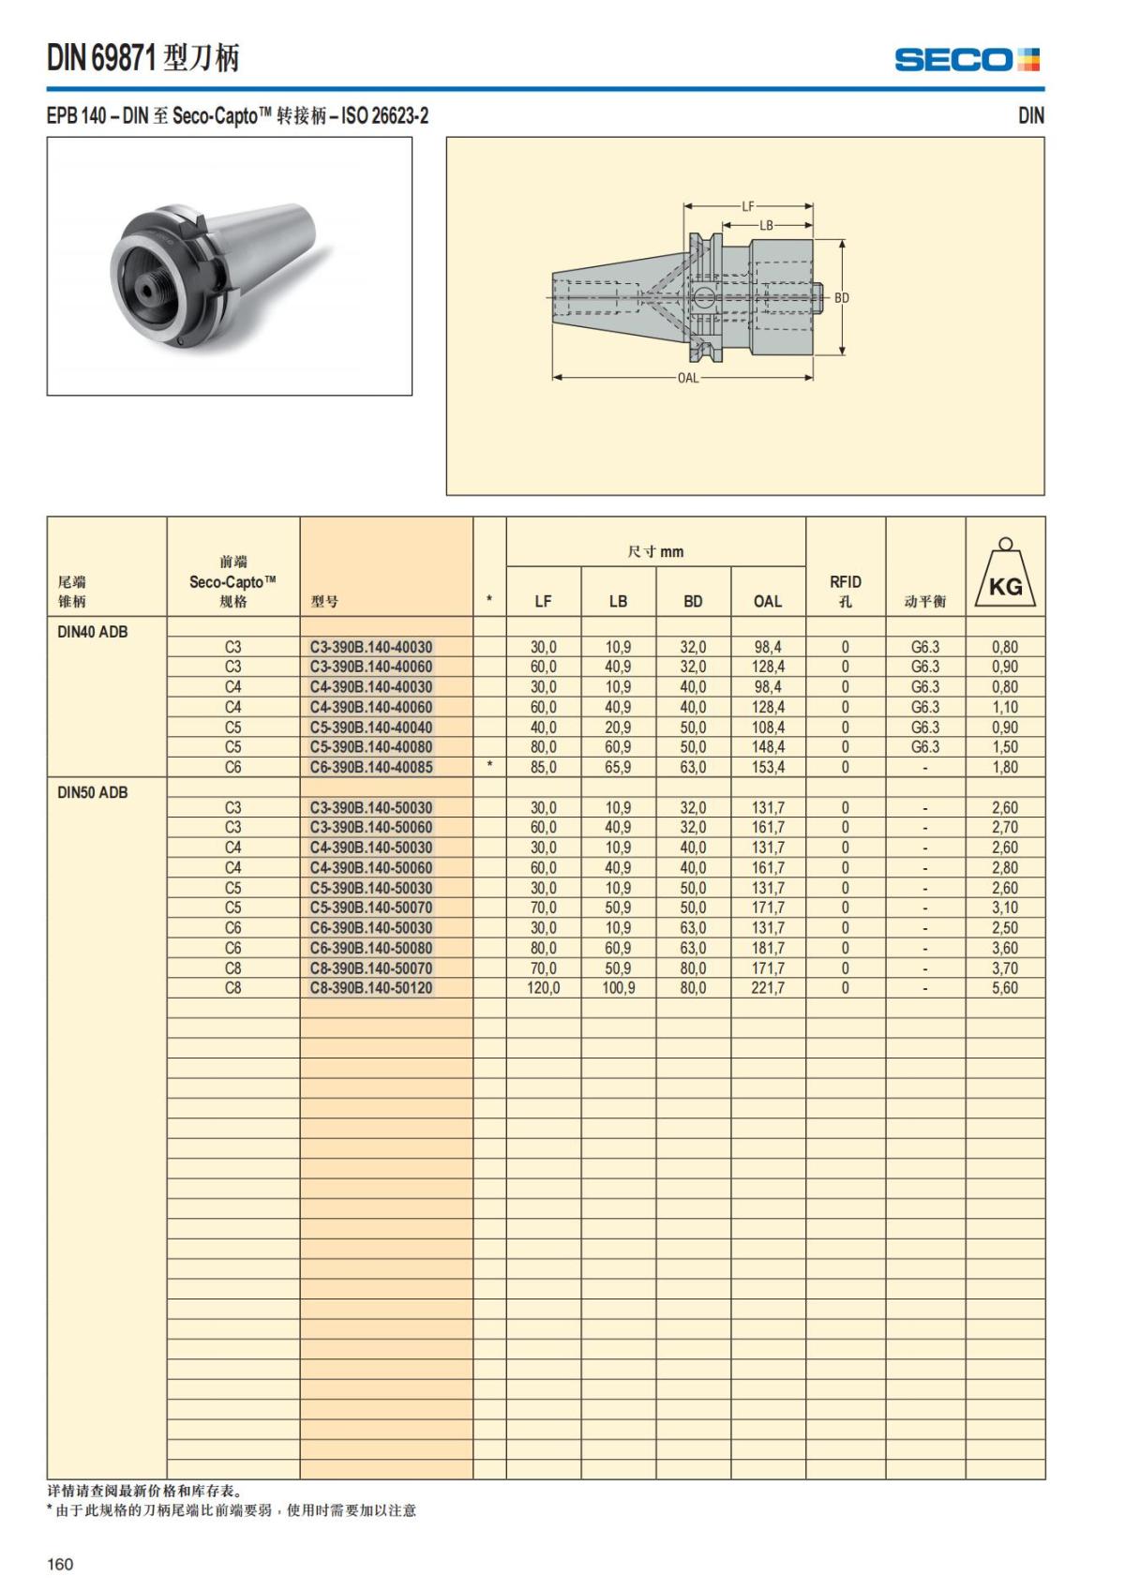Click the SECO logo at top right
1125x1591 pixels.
point(967,60)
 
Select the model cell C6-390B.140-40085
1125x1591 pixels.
point(371,767)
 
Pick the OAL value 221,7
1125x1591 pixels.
point(768,988)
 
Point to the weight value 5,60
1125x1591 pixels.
point(1005,988)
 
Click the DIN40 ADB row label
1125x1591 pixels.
point(93,632)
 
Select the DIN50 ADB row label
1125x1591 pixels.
point(93,792)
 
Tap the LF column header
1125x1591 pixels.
point(544,602)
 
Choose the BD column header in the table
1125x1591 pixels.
point(693,602)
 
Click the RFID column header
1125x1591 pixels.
point(845,591)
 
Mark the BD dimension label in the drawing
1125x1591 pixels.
point(842,298)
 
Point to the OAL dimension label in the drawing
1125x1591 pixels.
point(688,379)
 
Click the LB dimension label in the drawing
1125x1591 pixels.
point(767,226)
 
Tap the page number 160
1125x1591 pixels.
point(60,1564)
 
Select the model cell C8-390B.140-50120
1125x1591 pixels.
point(371,988)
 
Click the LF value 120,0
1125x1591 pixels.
point(544,988)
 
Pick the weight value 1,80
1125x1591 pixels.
point(1005,767)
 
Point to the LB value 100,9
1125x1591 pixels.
point(618,988)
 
